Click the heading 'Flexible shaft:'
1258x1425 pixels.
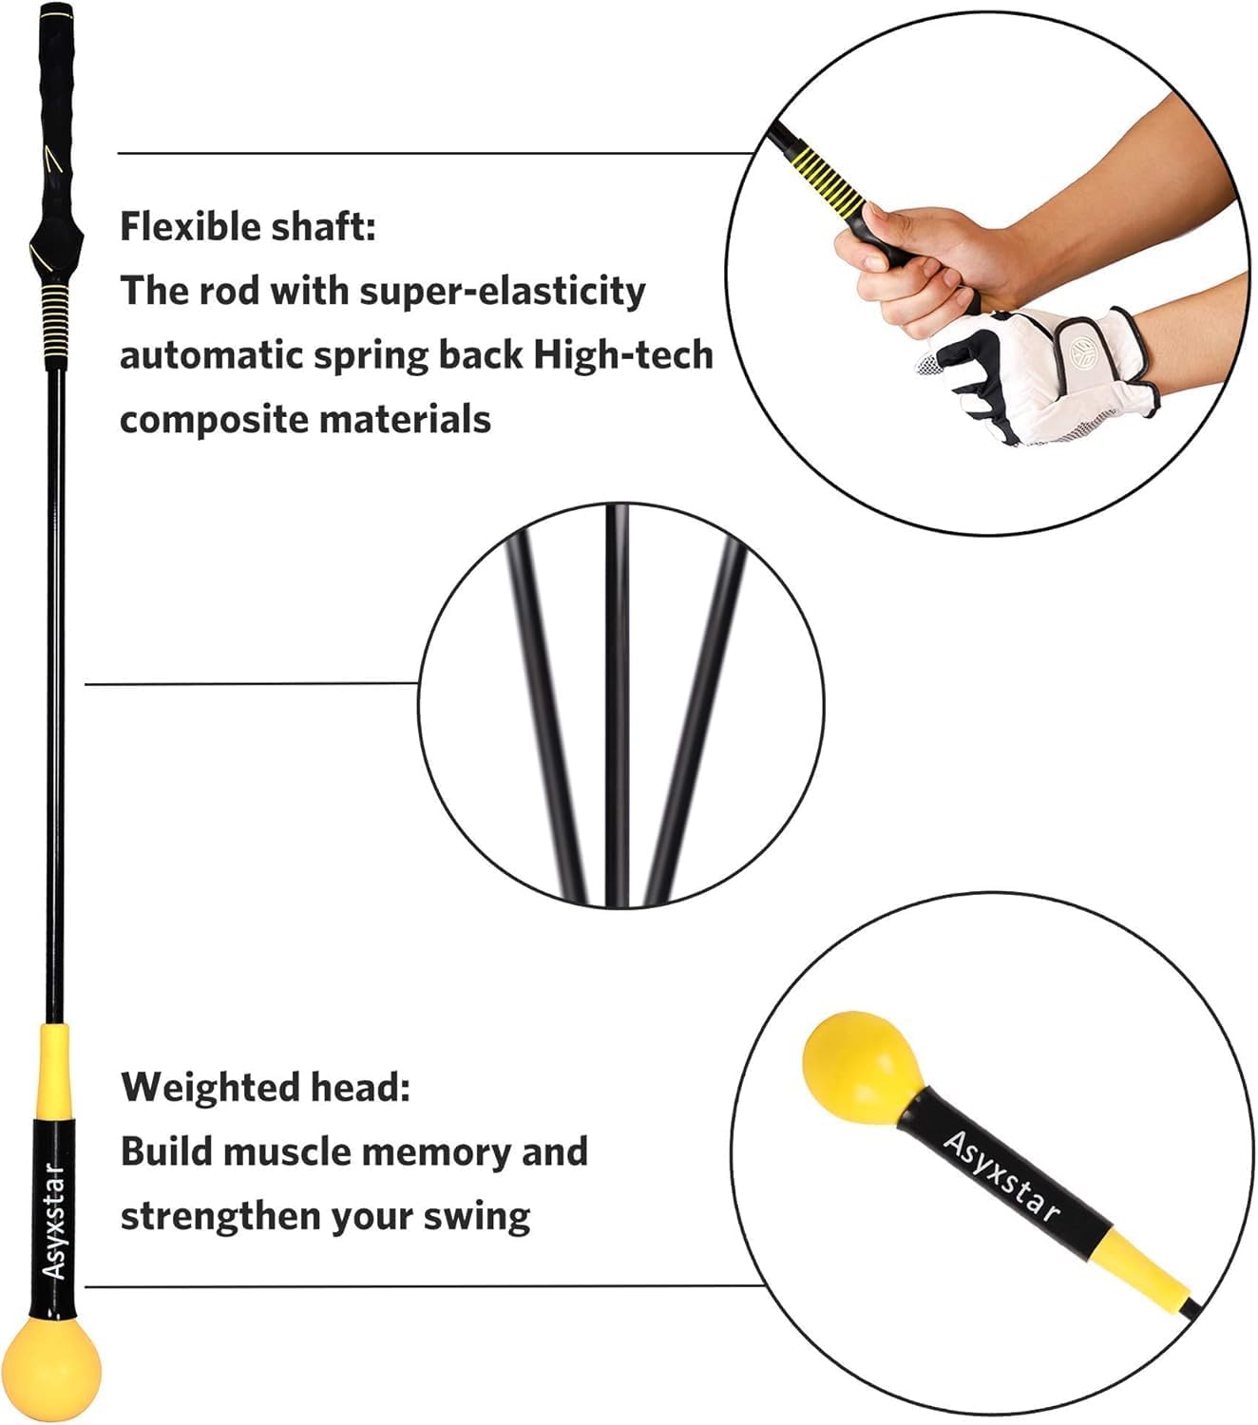[247, 227]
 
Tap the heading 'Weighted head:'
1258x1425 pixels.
[265, 1087]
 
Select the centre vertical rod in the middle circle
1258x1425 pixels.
[618, 703]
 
